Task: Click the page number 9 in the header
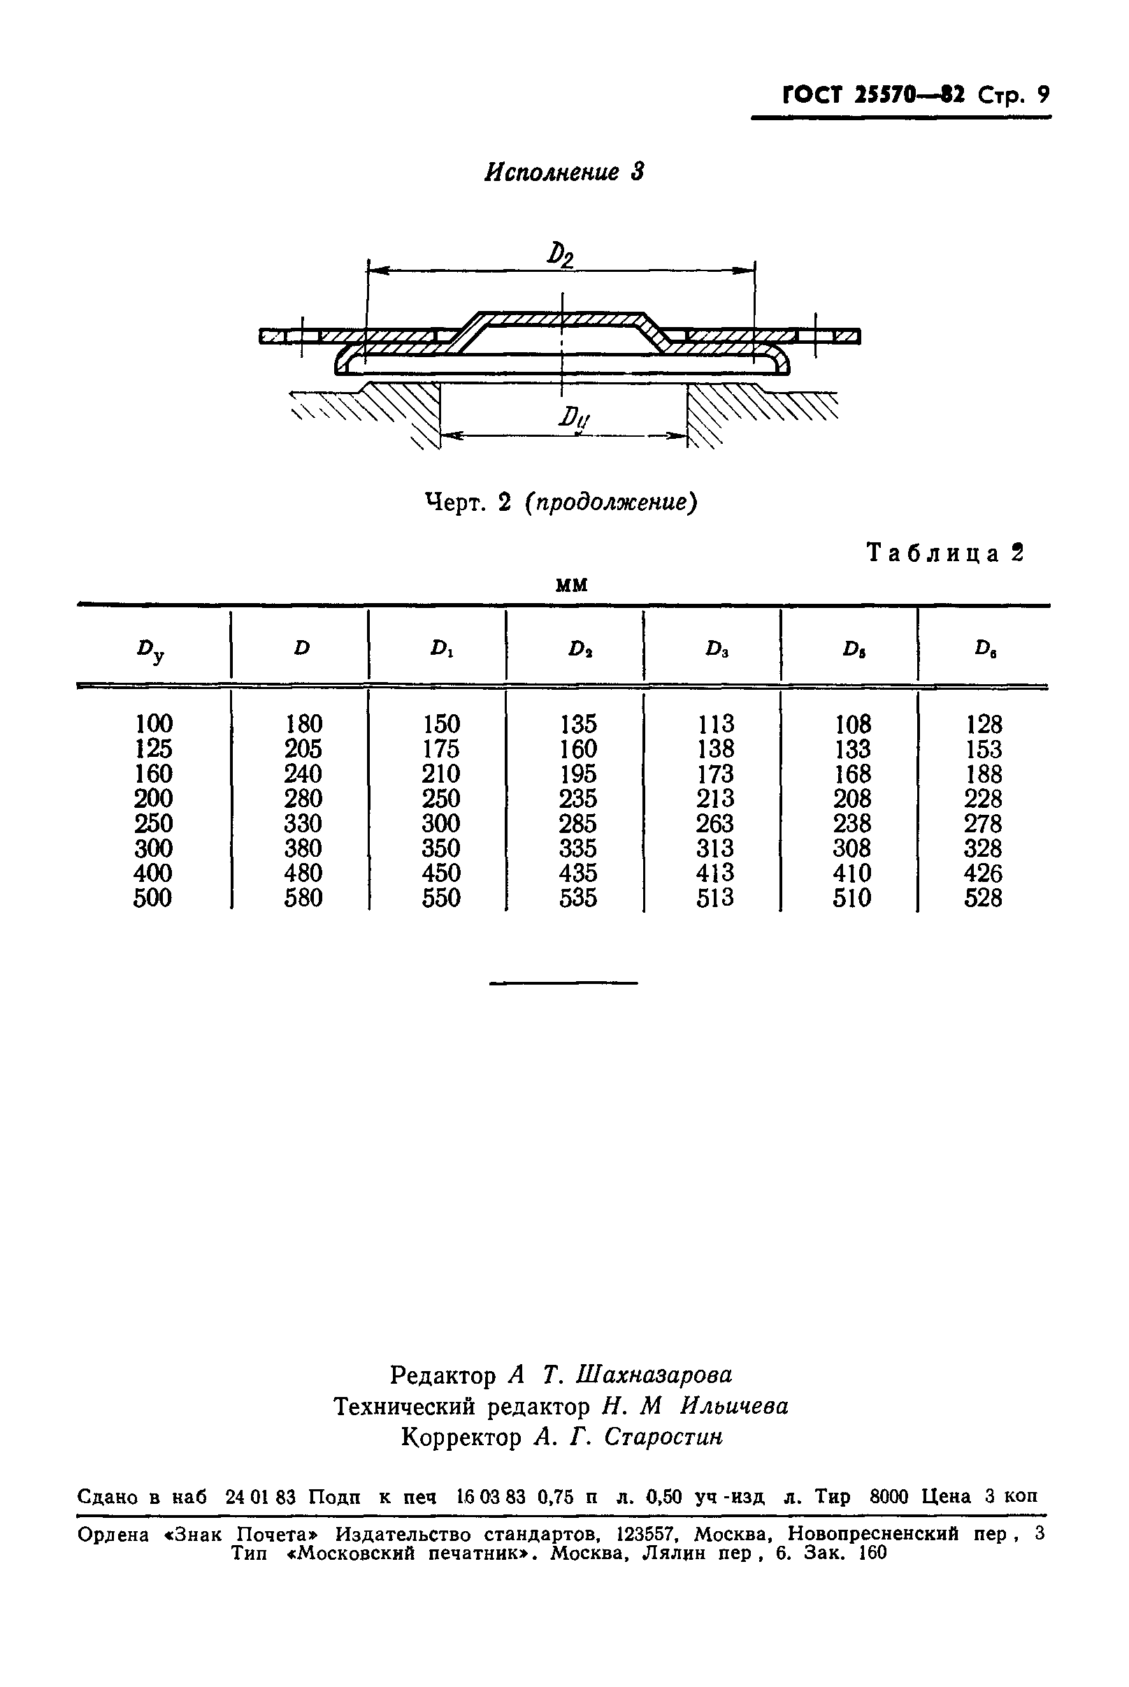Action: pyautogui.click(x=1042, y=94)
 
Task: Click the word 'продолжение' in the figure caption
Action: pyautogui.click(x=611, y=502)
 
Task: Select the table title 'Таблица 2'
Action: pyautogui.click(x=944, y=553)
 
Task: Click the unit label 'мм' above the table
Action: pyautogui.click(x=572, y=584)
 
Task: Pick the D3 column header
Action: pyautogui.click(x=717, y=649)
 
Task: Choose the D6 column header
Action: pyautogui.click(x=985, y=649)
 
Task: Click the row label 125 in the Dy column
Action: pyautogui.click(x=153, y=748)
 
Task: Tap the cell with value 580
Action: pyautogui.click(x=303, y=898)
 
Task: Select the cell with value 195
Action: pyautogui.click(x=578, y=774)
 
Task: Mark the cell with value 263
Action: pyautogui.click(x=715, y=823)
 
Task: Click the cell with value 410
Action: pyautogui.click(x=852, y=873)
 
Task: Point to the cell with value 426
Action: pyautogui.click(x=984, y=873)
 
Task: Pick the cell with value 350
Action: pyautogui.click(x=440, y=848)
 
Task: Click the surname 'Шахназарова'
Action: pyautogui.click(x=654, y=1374)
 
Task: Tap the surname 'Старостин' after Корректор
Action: pyautogui.click(x=663, y=1437)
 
